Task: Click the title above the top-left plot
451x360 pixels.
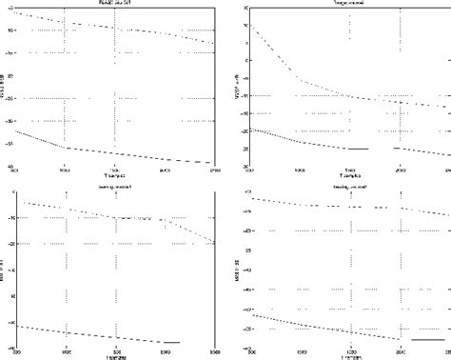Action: tap(113, 5)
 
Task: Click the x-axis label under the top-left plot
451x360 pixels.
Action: tap(115, 177)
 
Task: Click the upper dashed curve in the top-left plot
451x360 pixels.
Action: tap(114, 28)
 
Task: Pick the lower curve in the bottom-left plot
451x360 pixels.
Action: tap(114, 336)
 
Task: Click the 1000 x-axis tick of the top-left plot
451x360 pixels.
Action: tap(65, 170)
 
